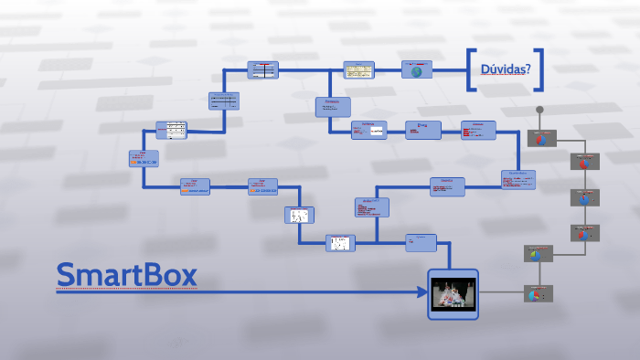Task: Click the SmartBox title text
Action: click(x=126, y=275)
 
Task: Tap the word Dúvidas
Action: click(x=501, y=69)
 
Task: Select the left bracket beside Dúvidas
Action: click(x=471, y=69)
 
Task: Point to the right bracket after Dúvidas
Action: click(x=540, y=69)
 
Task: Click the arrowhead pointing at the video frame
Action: click(x=422, y=292)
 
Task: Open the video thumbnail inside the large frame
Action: click(x=453, y=294)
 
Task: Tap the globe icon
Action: click(x=417, y=70)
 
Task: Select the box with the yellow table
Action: click(x=358, y=70)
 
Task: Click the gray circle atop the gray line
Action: click(x=540, y=111)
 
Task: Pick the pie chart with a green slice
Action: click(x=535, y=254)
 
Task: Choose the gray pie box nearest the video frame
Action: click(x=537, y=294)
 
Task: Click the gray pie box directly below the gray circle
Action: click(x=541, y=139)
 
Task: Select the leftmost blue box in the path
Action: click(x=144, y=158)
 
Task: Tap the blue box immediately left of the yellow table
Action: click(x=263, y=70)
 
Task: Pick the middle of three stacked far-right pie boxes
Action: click(x=584, y=197)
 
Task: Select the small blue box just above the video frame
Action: click(x=421, y=241)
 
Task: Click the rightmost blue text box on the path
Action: click(x=518, y=179)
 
